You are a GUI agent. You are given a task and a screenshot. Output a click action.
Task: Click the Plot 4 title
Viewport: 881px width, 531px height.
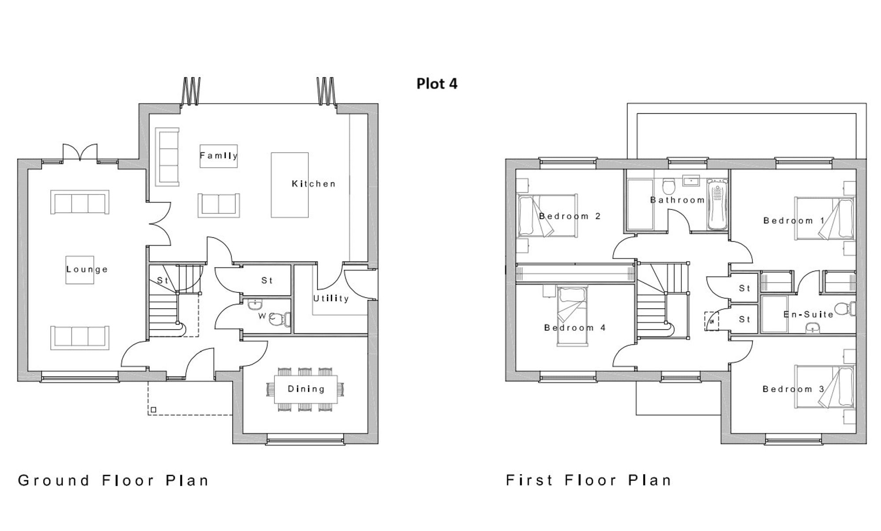pos(437,84)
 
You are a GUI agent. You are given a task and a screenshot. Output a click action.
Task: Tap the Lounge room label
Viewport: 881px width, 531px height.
pos(87,269)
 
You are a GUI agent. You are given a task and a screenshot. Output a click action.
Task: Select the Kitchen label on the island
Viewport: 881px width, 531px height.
pos(313,184)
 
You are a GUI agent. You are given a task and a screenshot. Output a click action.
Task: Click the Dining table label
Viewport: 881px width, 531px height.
pos(306,389)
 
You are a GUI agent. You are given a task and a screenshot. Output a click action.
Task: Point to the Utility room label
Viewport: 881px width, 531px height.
pos(331,299)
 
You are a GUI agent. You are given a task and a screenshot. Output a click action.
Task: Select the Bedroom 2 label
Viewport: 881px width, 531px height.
pos(570,217)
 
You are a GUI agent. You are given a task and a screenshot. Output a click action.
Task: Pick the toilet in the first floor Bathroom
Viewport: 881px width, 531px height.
pos(669,186)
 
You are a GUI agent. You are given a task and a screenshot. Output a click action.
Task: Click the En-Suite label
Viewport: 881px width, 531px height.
pos(808,314)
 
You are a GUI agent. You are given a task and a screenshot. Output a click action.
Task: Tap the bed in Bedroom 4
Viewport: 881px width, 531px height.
pos(572,315)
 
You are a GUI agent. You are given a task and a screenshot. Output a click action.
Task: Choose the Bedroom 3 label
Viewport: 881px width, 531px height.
pos(793,389)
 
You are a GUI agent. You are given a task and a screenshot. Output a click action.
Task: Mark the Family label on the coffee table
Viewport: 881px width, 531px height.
pos(218,156)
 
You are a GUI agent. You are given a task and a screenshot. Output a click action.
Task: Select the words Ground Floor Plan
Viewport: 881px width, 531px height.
pos(113,480)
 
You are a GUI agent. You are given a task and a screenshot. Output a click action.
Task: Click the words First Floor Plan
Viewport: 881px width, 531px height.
pos(589,480)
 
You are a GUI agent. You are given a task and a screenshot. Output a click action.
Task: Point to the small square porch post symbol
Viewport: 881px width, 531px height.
pos(153,410)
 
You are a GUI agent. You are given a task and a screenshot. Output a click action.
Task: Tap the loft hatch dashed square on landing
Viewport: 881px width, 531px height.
pos(711,321)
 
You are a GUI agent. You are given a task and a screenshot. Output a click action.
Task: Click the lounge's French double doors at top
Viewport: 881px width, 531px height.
pos(80,153)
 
